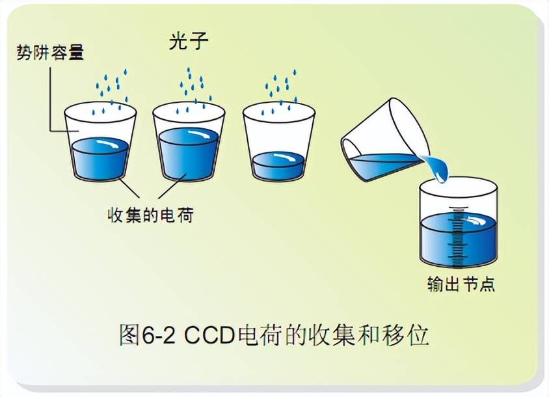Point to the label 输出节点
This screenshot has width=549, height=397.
coord(458,284)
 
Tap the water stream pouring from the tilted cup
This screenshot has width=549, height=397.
coord(439,168)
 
